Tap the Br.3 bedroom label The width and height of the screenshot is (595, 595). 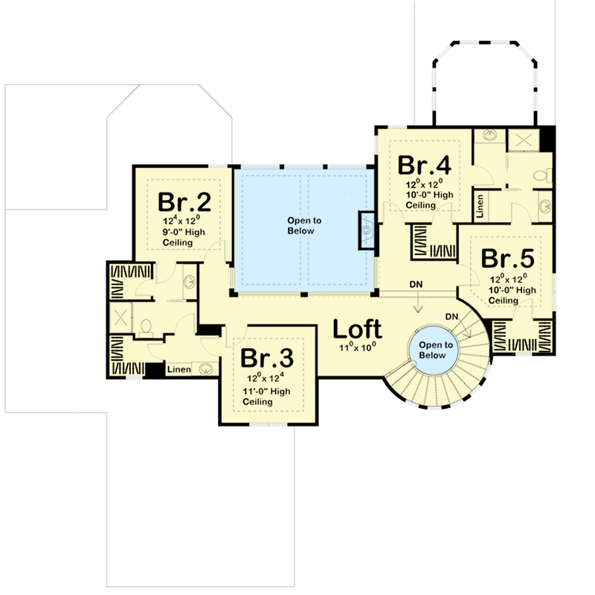[266, 358]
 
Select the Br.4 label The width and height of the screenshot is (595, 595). [424, 164]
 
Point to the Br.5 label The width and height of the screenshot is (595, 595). [507, 258]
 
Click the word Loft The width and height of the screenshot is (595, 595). [356, 329]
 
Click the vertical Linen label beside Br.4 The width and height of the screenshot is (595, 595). [481, 205]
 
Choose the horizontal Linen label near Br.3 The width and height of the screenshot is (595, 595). [178, 369]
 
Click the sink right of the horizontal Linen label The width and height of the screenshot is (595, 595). [204, 367]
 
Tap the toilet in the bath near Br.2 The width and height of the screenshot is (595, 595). [146, 325]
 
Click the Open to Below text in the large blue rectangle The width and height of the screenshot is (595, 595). [301, 225]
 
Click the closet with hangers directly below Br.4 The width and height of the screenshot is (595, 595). [434, 245]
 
